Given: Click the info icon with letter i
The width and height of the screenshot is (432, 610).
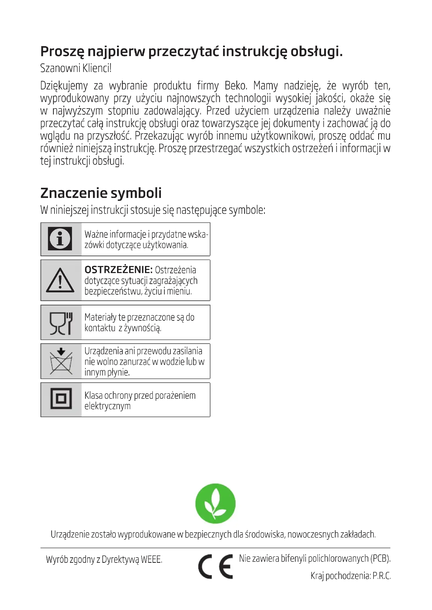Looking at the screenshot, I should [60, 239].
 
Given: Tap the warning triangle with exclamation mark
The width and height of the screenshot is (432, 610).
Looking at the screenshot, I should [60, 281].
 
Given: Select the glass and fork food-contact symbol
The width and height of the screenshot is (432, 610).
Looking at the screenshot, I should [61, 323].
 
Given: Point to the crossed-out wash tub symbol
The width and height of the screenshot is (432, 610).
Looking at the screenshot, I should [61, 361].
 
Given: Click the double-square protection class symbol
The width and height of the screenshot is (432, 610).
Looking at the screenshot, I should [61, 398].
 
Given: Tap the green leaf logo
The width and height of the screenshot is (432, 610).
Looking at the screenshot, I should [215, 503].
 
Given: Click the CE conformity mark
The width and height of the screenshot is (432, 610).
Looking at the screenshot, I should [215, 566].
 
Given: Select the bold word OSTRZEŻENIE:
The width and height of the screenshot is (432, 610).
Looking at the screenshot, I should [118, 270].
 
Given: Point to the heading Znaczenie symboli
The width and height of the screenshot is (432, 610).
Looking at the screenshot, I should [101, 193].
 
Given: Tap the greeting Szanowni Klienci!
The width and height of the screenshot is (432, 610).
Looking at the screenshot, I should [76, 68].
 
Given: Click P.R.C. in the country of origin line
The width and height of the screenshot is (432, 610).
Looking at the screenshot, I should [381, 576].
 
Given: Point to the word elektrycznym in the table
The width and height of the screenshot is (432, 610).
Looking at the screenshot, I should [107, 406].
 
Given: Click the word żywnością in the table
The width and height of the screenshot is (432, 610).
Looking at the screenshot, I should [143, 328].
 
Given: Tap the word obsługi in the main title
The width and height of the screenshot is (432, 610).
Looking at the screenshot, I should [316, 52].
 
